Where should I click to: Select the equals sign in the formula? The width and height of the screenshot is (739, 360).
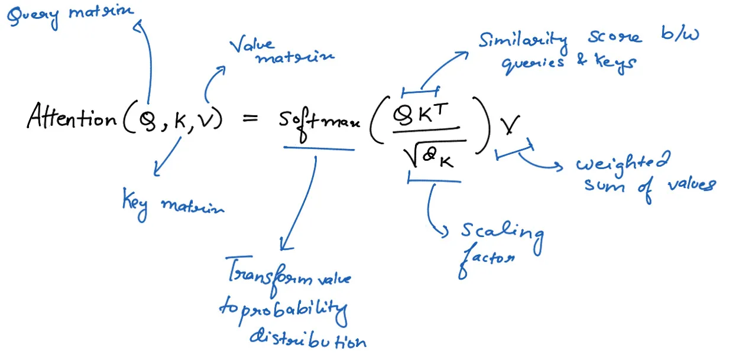point(251,119)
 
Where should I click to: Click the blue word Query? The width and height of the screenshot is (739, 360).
point(33,16)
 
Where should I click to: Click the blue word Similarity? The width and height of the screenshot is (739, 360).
point(523,41)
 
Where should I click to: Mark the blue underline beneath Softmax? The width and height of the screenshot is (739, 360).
point(319,148)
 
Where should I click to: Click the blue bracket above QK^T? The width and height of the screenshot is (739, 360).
point(420,91)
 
